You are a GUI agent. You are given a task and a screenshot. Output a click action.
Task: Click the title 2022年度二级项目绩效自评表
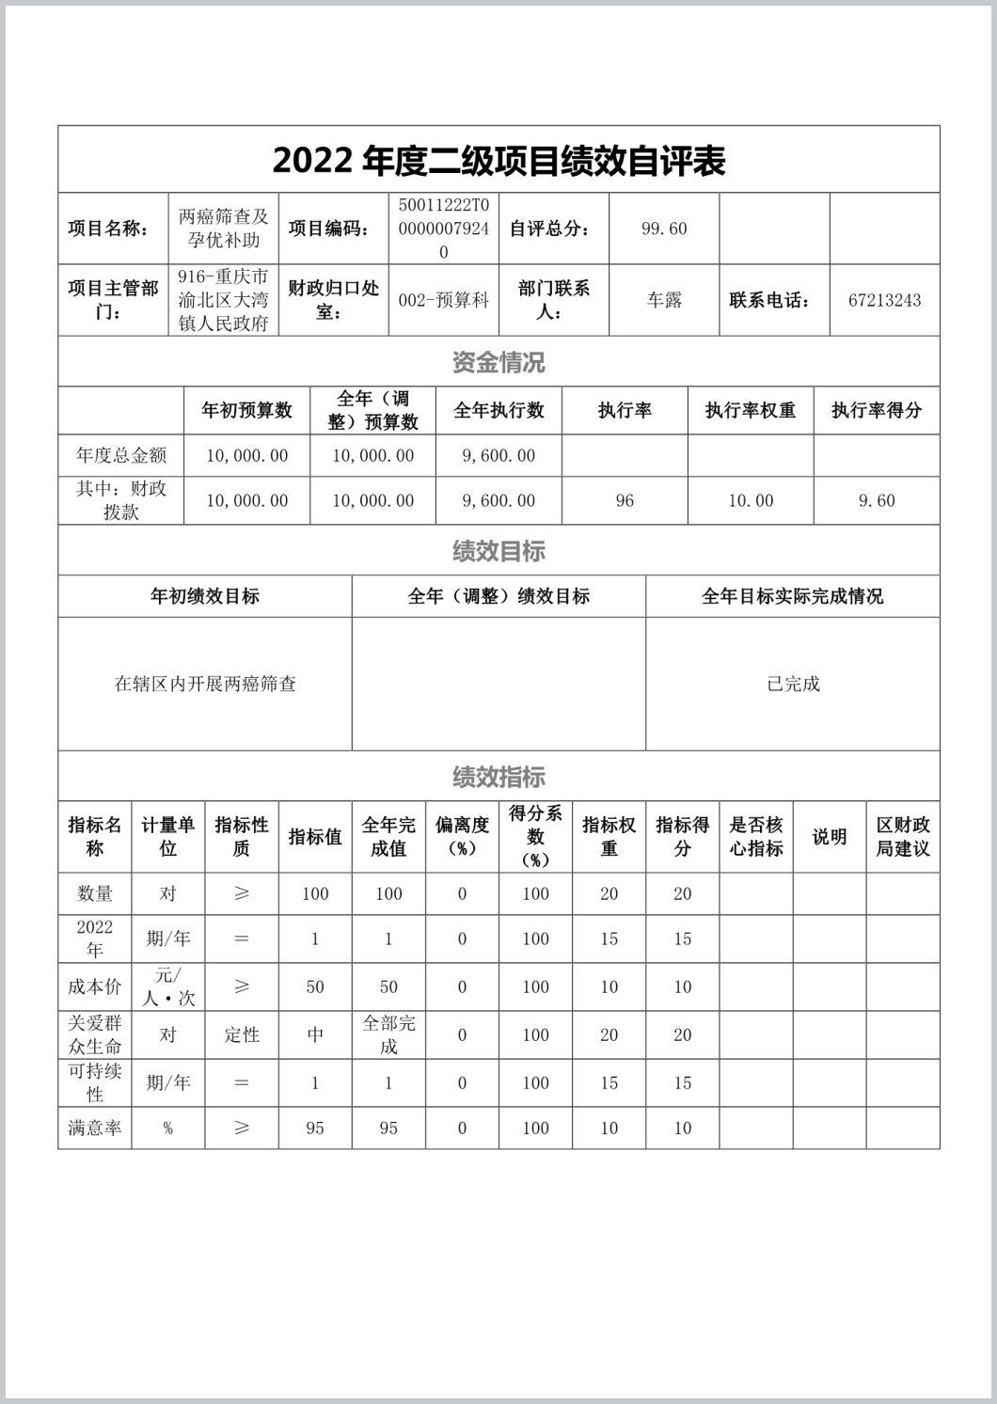498,161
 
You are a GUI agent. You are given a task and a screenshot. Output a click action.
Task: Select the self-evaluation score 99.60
664,229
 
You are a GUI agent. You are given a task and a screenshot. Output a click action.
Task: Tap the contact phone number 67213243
884,301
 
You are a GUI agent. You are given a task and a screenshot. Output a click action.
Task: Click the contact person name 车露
664,301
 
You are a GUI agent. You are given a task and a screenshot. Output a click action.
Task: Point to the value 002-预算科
444,301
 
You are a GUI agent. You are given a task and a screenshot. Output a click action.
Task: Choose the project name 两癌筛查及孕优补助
224,229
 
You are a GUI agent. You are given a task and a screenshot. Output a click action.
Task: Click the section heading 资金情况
498,362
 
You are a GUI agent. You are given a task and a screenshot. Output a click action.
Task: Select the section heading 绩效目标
498,551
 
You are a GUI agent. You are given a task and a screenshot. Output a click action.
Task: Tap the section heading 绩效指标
498,777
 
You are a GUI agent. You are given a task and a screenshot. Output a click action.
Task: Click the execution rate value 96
625,501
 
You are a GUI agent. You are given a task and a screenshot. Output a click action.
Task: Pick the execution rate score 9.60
877,501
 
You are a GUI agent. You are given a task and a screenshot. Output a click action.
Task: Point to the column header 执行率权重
751,411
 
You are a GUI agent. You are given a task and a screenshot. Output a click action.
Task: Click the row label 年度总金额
121,456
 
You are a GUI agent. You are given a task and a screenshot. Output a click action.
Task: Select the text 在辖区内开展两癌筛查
205,685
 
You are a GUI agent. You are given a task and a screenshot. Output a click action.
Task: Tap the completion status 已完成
793,685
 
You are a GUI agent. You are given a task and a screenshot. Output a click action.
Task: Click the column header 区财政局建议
903,837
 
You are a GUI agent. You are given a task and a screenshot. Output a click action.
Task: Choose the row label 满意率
95,1128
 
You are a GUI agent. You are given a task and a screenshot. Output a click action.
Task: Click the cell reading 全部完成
388,1034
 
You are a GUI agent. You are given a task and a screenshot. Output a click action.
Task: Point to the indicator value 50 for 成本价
315,987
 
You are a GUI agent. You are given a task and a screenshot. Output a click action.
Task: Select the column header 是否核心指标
756,837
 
